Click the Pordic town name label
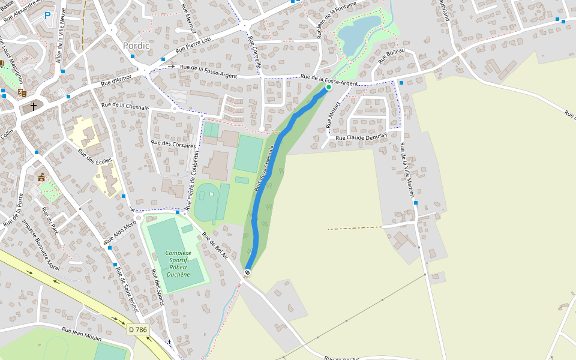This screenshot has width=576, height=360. [136, 46]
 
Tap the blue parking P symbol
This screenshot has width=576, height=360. [47, 16]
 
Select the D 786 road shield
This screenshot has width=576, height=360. [137, 329]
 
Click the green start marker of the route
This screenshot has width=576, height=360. [328, 87]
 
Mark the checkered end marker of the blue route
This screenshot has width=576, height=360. [247, 272]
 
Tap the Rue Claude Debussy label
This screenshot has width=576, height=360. [361, 137]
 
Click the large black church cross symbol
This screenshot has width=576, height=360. [34, 107]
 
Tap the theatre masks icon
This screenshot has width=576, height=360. [22, 92]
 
